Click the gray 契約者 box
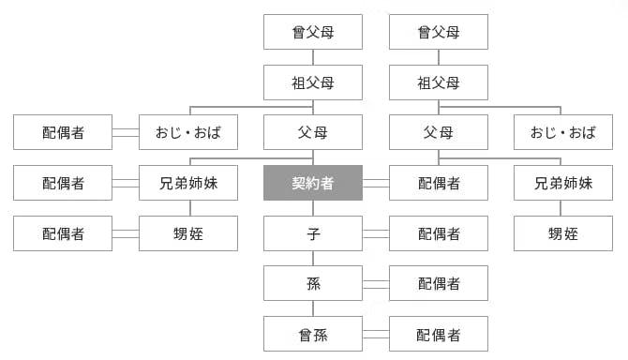point(313,183)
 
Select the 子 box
point(313,233)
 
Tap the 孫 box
point(313,283)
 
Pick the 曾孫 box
point(313,334)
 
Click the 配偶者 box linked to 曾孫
point(439,334)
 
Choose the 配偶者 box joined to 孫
point(439,283)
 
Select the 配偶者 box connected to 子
point(439,233)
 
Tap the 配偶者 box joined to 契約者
point(439,183)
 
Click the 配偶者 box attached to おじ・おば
point(63,132)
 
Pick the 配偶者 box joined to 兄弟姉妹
point(63,183)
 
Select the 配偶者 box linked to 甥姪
point(63,233)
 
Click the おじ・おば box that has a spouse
point(187,132)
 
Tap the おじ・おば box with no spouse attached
point(563,132)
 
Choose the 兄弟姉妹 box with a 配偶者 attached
point(187,183)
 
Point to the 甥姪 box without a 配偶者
point(563,233)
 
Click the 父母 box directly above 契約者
point(313,132)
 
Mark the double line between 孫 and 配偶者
point(376,283)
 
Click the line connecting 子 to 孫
point(313,258)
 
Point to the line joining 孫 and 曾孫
point(313,308)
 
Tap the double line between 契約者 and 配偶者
point(376,183)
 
